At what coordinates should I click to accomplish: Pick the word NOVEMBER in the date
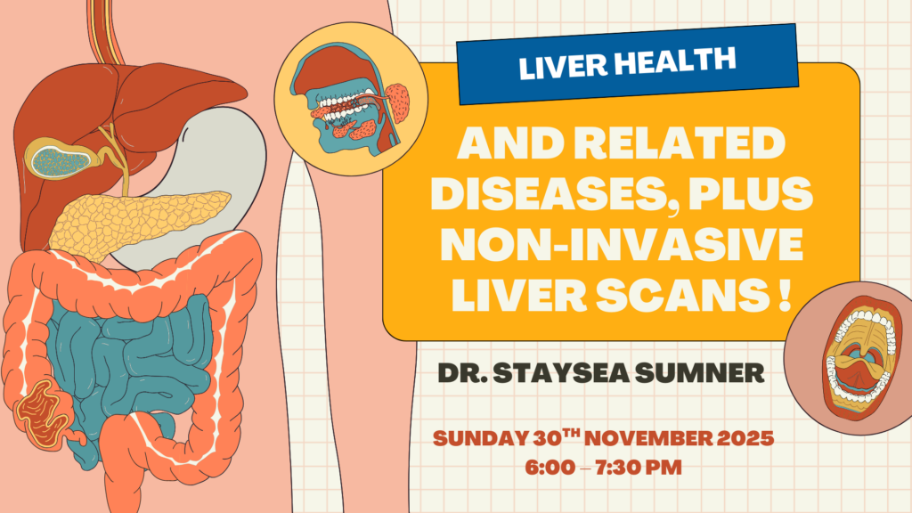631,439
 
